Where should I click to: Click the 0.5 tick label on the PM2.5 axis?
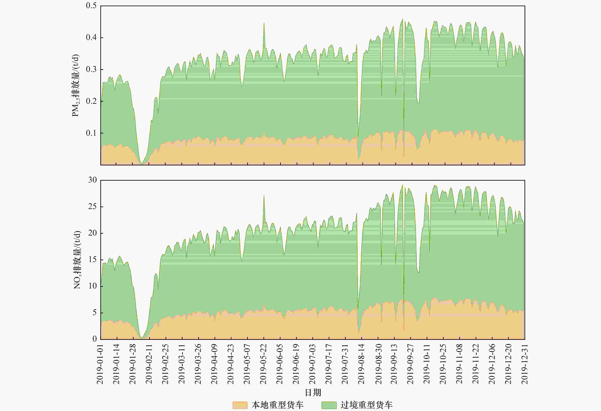(x=91, y=6)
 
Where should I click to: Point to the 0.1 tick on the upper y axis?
(x=91, y=133)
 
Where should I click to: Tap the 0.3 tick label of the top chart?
(x=91, y=69)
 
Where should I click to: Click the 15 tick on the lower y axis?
(x=92, y=260)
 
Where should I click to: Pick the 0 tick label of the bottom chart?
(x=95, y=339)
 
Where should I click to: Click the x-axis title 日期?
(x=313, y=393)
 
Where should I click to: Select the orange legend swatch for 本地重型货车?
(x=240, y=405)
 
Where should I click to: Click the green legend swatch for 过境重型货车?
(x=329, y=405)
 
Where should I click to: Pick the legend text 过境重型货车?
(x=366, y=405)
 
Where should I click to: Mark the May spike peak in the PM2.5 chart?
(x=264, y=23)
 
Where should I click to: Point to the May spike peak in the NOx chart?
(x=264, y=196)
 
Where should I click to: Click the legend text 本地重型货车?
(x=277, y=405)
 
